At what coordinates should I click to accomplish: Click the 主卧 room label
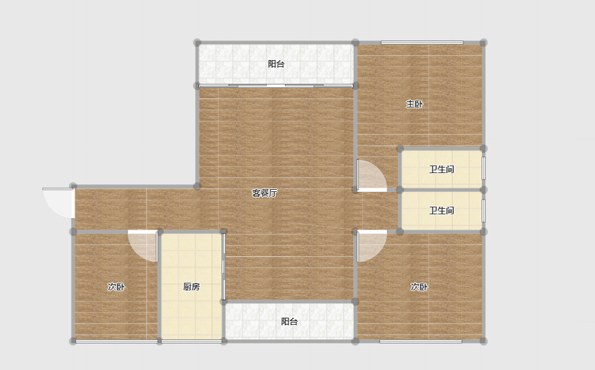point(414,104)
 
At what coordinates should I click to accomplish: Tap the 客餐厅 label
point(265,193)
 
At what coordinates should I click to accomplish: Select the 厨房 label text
point(191,287)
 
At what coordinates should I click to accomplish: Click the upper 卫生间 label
point(441,169)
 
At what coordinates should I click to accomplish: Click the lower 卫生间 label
point(441,210)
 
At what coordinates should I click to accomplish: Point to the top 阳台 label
point(276,64)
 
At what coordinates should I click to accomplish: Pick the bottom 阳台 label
point(289,322)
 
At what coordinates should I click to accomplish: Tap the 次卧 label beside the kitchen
point(116,287)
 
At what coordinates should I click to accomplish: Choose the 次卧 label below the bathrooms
point(419,287)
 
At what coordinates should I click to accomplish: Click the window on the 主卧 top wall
point(422,43)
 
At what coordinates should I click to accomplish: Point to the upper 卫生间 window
point(484,168)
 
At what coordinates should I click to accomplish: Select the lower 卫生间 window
point(484,211)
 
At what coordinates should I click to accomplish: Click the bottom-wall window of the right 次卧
point(421,341)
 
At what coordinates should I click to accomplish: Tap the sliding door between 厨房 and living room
point(224,266)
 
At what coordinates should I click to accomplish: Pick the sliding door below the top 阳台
point(276,86)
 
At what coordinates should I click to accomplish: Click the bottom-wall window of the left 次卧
point(116,341)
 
